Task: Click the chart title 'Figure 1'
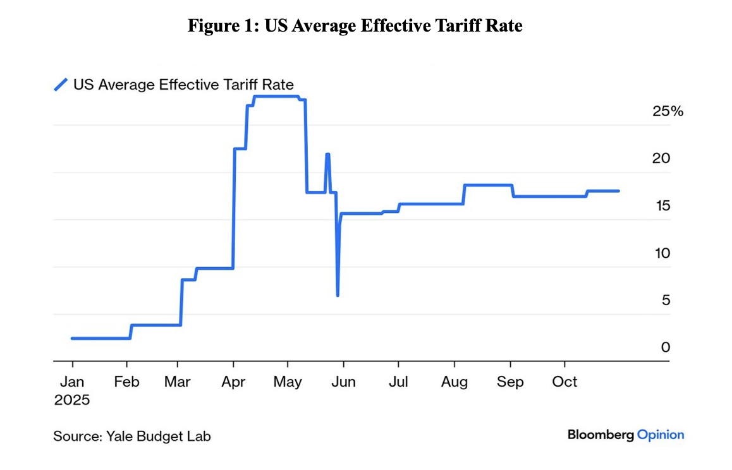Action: [x=355, y=26]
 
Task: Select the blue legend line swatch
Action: [x=61, y=84]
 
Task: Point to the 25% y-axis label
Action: [x=668, y=111]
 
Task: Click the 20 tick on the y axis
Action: [x=661, y=159]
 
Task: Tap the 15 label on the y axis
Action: [x=661, y=206]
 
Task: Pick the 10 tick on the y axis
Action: [x=661, y=253]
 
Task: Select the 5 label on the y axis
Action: [x=666, y=301]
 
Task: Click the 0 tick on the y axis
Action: [x=666, y=347]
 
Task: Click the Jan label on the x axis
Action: [x=72, y=382]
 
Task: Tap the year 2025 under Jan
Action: [x=72, y=400]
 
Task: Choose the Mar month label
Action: [x=178, y=382]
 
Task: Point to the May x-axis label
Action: [x=288, y=382]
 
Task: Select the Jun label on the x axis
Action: [x=343, y=382]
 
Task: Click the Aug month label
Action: [x=454, y=382]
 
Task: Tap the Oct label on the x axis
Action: [x=565, y=382]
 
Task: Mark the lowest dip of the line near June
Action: [x=338, y=295]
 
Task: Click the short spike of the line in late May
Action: [x=327, y=154]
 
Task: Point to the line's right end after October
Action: [x=618, y=191]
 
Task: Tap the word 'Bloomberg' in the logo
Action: [x=600, y=435]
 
